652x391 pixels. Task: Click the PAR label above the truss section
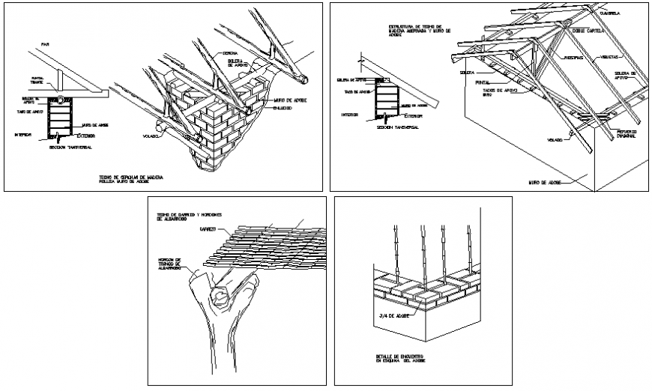(x=45, y=45)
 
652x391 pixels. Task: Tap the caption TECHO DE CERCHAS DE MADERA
(x=130, y=178)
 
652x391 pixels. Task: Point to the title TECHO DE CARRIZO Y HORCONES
(x=188, y=216)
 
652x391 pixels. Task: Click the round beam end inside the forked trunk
(x=222, y=294)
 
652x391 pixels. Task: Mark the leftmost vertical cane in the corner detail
(x=394, y=251)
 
